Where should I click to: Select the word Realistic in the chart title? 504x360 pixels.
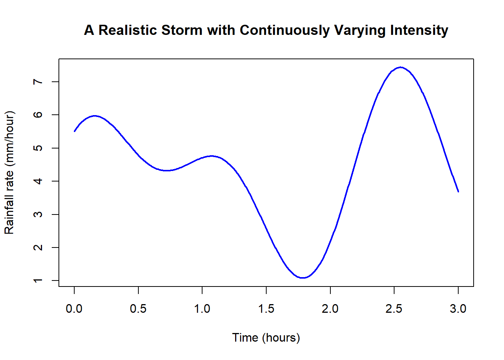[x=128, y=30]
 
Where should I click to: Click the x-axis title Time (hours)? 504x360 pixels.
[x=266, y=337]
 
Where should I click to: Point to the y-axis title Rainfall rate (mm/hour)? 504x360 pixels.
[x=9, y=172]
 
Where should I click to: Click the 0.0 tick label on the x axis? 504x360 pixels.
[x=74, y=309]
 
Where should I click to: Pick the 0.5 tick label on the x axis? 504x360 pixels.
[x=138, y=309]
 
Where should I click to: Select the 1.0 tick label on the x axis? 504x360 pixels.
[x=202, y=309]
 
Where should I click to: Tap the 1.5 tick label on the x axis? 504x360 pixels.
[x=266, y=309]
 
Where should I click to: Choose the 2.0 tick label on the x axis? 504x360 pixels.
[x=330, y=309]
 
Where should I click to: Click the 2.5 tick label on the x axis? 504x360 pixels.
[x=394, y=309]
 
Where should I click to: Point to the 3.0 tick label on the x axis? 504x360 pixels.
[x=458, y=309]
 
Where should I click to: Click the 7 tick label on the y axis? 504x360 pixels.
[x=38, y=82]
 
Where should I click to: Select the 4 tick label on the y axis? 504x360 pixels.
[x=38, y=181]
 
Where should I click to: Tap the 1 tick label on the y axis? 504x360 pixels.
[x=38, y=280]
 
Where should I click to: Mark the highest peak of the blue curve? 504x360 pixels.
[x=401, y=67]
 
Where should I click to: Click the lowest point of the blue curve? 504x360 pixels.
[x=303, y=278]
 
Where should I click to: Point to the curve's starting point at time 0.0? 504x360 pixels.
[x=75, y=131]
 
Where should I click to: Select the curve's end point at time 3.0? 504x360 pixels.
[x=458, y=191]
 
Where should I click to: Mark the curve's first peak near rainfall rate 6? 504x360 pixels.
[x=95, y=116]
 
